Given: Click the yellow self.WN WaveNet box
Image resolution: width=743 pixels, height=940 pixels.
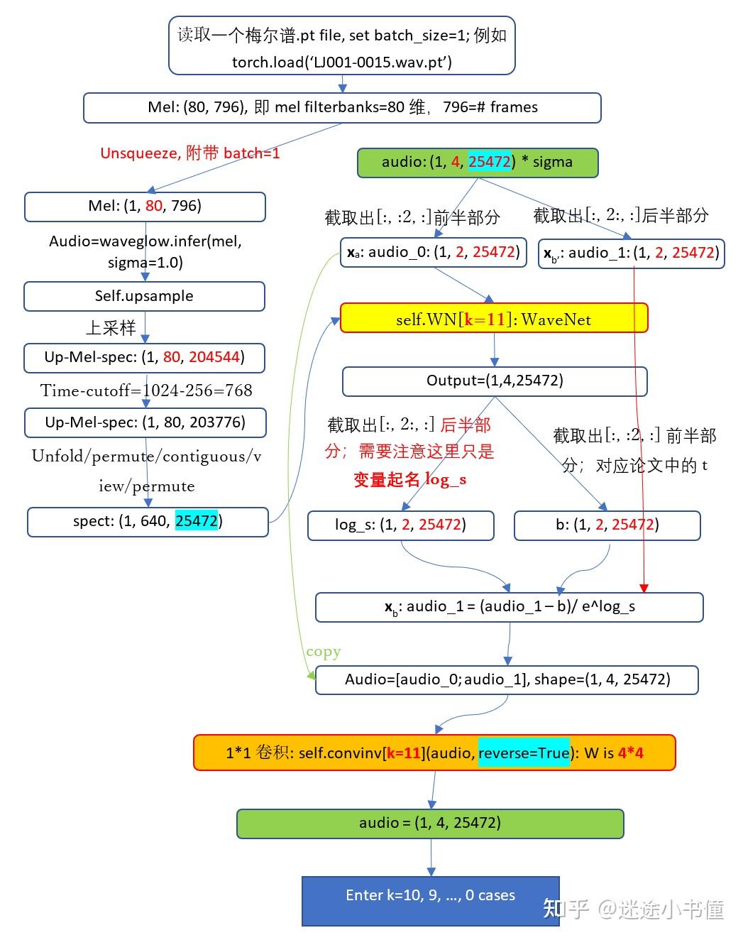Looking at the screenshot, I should (x=494, y=319).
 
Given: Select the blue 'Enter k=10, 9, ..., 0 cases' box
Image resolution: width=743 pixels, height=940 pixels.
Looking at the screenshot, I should (x=430, y=895).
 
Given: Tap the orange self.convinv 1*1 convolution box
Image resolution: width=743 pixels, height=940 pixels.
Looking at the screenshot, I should (x=434, y=753).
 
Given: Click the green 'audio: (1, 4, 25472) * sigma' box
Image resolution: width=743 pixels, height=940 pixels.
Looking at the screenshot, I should (x=477, y=162).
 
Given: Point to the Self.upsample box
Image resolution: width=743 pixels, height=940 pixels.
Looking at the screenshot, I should (x=144, y=296).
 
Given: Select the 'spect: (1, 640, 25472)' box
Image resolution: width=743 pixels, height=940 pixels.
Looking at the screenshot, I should (x=148, y=521).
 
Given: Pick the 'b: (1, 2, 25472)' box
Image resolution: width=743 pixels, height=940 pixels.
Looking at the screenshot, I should (x=607, y=525).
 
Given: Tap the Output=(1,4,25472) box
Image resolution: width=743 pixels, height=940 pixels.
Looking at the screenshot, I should (x=494, y=381).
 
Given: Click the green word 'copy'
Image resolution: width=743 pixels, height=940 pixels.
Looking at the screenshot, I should (x=324, y=651).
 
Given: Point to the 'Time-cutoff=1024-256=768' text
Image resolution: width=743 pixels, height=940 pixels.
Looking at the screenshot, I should (x=145, y=390).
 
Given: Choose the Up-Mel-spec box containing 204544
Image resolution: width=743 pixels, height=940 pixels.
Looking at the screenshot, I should (x=144, y=357).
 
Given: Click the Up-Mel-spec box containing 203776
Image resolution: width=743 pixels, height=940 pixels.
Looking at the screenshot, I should (x=145, y=422).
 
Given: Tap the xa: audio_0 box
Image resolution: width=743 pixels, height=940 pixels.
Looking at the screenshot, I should (x=433, y=252).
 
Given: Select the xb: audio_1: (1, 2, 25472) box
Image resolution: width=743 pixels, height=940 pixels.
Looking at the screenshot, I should (x=631, y=253).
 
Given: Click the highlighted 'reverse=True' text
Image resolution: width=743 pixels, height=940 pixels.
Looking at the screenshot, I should (x=524, y=753).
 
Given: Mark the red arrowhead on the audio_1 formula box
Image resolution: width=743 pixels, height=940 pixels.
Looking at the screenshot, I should (x=644, y=588).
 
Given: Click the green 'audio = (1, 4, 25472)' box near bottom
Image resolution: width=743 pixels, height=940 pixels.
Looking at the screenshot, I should (x=429, y=823).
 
